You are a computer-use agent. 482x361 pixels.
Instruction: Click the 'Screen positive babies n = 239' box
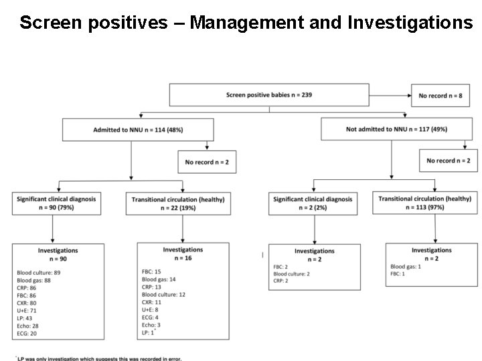point(269,95)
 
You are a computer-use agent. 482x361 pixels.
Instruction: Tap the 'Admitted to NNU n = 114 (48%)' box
point(138,129)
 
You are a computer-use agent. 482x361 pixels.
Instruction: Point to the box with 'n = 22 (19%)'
point(177,204)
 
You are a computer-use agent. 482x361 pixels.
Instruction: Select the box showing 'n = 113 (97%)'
point(424,203)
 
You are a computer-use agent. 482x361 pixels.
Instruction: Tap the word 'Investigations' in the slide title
point(410,23)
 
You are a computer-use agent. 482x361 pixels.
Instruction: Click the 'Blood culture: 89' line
point(39,273)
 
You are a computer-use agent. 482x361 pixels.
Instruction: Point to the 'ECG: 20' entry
point(27,332)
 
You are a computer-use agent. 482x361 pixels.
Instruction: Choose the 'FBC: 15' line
point(151,271)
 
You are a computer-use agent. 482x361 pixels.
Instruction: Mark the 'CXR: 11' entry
point(152,302)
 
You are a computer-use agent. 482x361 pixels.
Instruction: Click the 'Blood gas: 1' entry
point(406,266)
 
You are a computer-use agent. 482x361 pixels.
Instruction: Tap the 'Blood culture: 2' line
point(291,273)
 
